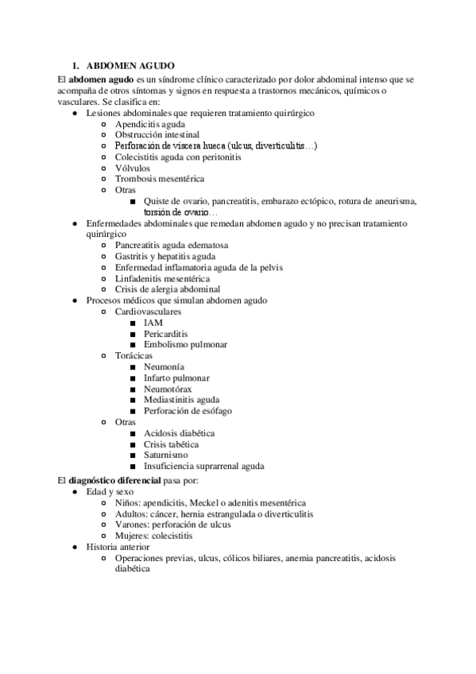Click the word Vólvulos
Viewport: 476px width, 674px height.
click(x=134, y=168)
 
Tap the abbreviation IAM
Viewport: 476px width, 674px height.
click(x=153, y=323)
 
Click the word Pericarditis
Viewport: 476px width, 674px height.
click(x=166, y=334)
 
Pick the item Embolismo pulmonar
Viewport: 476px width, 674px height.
click(x=185, y=344)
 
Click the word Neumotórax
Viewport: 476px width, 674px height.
click(x=168, y=389)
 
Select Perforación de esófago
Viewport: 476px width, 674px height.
click(x=188, y=411)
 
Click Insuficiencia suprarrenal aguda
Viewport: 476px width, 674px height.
click(x=204, y=466)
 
